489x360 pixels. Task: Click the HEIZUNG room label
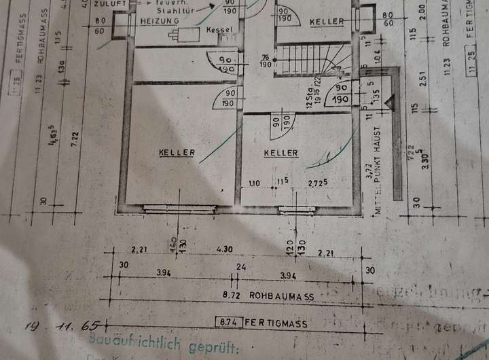[x=159, y=22]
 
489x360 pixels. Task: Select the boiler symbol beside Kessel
[x=185, y=34]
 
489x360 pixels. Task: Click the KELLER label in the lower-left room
[x=177, y=153]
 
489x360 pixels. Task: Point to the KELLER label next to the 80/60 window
[x=327, y=22]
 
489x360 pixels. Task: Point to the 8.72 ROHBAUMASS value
[x=232, y=296]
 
